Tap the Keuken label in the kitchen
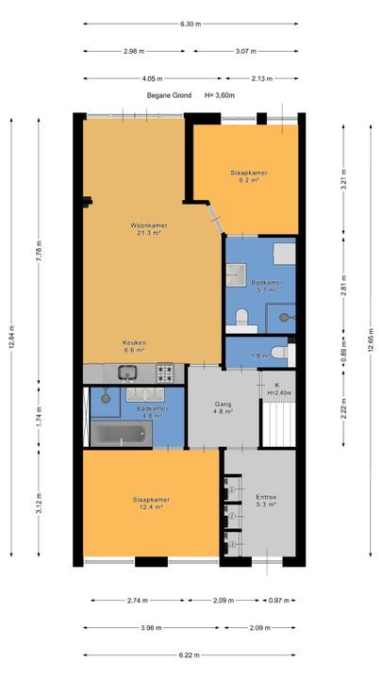pyautogui.click(x=134, y=342)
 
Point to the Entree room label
pyautogui.click(x=266, y=497)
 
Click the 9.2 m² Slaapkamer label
pyautogui.click(x=249, y=175)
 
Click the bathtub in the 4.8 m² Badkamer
pyautogui.click(x=121, y=433)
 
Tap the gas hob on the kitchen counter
pyautogui.click(x=165, y=373)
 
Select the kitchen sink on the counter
pyautogui.click(x=127, y=372)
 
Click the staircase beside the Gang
pyautogui.click(x=278, y=424)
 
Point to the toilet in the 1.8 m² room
pyautogui.click(x=283, y=353)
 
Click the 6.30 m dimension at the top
pyautogui.click(x=191, y=24)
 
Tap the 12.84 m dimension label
pyautogui.click(x=11, y=337)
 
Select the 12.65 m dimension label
pyautogui.click(x=371, y=341)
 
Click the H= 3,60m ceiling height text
pyautogui.click(x=220, y=95)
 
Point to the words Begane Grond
pyautogui.click(x=169, y=95)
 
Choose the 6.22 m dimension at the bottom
pyautogui.click(x=190, y=655)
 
